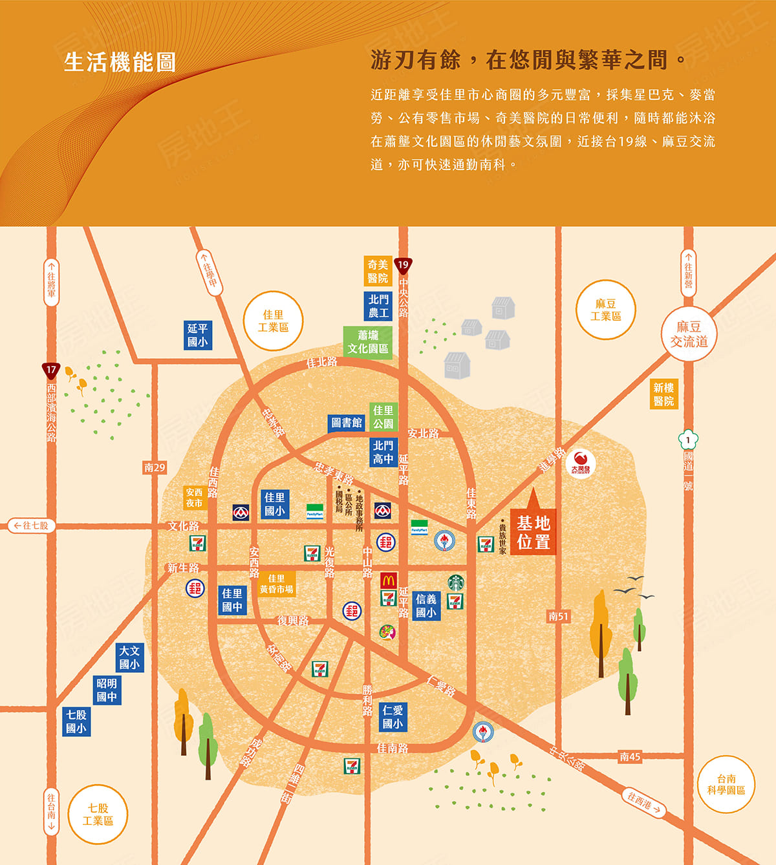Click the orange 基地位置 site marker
click(533, 531)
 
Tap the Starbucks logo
click(456, 582)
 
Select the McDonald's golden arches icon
click(388, 580)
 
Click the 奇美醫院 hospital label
click(378, 271)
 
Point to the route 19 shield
click(403, 265)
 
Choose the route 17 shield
click(51, 370)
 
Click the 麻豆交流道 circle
click(689, 334)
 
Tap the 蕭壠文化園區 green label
click(367, 342)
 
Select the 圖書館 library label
click(347, 423)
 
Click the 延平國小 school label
click(197, 335)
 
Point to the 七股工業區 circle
click(98, 815)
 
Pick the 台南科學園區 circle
click(726, 784)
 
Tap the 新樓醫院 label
click(663, 394)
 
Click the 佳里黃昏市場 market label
click(276, 584)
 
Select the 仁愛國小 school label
click(393, 717)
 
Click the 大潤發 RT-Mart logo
click(580, 463)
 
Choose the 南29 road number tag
click(155, 467)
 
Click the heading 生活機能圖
click(120, 62)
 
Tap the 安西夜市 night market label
click(194, 497)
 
